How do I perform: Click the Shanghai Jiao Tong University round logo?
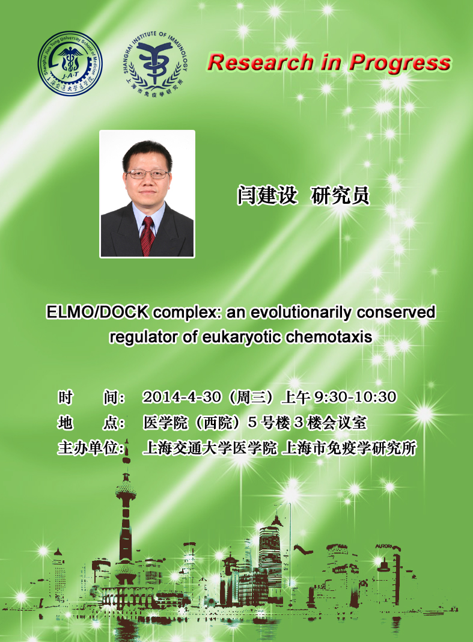[70, 64]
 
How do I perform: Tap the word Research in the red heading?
[260, 63]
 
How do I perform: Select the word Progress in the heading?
[400, 64]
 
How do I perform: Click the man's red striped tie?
[147, 236]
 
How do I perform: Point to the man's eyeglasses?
[147, 174]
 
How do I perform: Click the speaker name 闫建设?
[267, 195]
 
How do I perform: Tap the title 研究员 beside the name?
[340, 195]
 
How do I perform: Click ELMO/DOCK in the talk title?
[97, 312]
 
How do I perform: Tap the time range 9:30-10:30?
[355, 397]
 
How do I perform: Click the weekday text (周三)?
[251, 397]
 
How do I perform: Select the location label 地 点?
[91, 423]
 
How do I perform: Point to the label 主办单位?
[91, 448]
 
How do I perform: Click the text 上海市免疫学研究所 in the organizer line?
[349, 448]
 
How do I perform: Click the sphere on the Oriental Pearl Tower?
[126, 491]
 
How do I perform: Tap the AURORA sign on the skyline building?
[385, 546]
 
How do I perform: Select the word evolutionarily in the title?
[301, 313]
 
